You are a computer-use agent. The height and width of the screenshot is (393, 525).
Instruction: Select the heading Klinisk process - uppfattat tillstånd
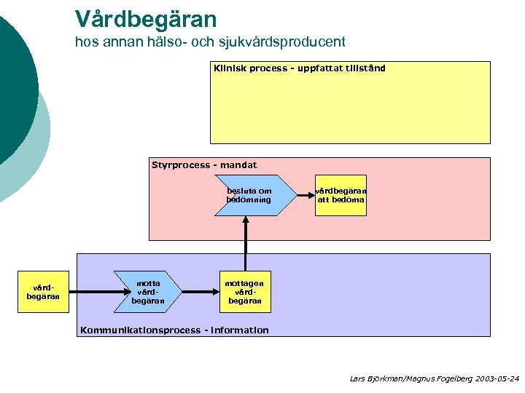299,68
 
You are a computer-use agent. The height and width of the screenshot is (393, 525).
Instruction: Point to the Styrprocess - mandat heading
204,165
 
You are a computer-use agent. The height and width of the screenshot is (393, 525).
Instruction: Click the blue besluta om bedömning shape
249,195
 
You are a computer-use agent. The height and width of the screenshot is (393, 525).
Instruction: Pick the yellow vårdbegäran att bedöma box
341,195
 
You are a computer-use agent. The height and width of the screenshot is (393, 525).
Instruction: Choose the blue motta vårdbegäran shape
148,292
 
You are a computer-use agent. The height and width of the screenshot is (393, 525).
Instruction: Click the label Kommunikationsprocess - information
174,330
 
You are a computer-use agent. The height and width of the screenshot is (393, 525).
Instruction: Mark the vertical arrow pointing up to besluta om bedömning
246,244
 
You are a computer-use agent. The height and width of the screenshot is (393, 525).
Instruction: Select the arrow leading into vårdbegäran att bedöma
305,195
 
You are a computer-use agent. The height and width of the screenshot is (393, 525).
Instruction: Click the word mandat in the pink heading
240,165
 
